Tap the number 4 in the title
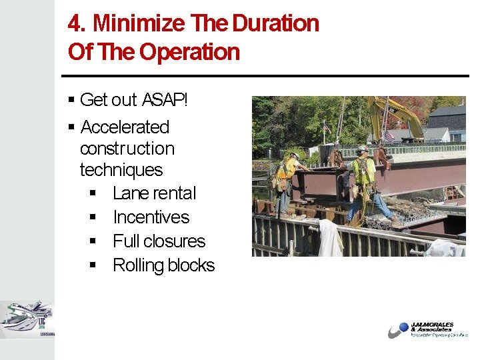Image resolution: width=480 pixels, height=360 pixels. pyautogui.click(x=74, y=24)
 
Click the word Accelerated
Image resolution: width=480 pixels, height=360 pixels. pyautogui.click(x=125, y=127)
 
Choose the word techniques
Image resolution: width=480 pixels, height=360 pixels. pyautogui.click(x=121, y=170)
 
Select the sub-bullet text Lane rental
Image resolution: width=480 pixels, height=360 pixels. pyautogui.click(x=154, y=193)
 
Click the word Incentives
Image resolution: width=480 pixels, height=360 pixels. pyautogui.click(x=151, y=217)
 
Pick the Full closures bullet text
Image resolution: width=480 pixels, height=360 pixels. pyautogui.click(x=159, y=241)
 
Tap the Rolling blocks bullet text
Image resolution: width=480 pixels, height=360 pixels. pyautogui.click(x=163, y=265)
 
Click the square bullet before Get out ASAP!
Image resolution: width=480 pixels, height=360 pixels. pyautogui.click(x=71, y=101)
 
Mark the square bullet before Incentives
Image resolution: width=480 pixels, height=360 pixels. pyautogui.click(x=93, y=218)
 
